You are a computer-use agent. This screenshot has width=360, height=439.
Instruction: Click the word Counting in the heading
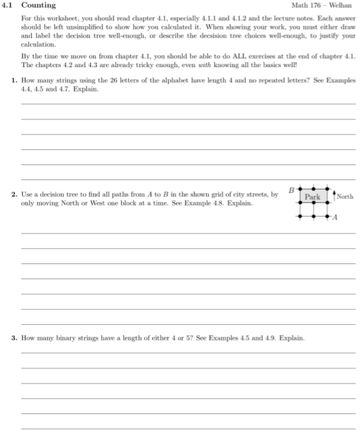(x=39, y=6)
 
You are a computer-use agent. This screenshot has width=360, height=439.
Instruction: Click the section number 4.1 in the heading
(x=9, y=6)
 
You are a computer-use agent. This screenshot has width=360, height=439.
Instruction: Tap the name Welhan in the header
(x=342, y=6)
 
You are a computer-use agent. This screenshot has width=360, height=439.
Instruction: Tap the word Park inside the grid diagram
(x=312, y=196)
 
